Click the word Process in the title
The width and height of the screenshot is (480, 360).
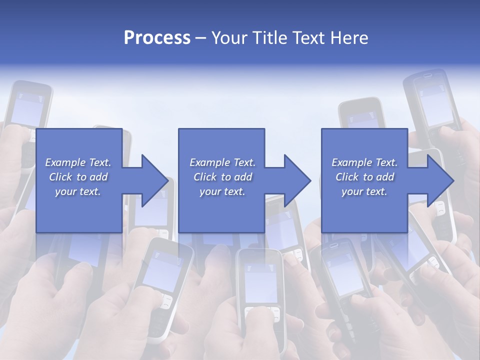click(157, 38)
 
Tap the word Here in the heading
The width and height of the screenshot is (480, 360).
click(348, 38)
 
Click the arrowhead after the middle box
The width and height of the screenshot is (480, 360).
click(296, 180)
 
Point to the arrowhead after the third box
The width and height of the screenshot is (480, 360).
click(439, 180)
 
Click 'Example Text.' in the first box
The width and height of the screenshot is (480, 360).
click(78, 162)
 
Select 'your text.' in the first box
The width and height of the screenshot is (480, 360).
click(78, 191)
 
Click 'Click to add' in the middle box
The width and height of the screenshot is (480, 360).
click(222, 177)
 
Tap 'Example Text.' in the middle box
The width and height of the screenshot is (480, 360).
click(222, 162)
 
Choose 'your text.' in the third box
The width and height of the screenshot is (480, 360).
click(364, 191)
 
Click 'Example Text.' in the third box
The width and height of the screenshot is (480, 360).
click(364, 162)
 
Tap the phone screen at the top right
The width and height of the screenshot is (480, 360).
click(436, 105)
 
